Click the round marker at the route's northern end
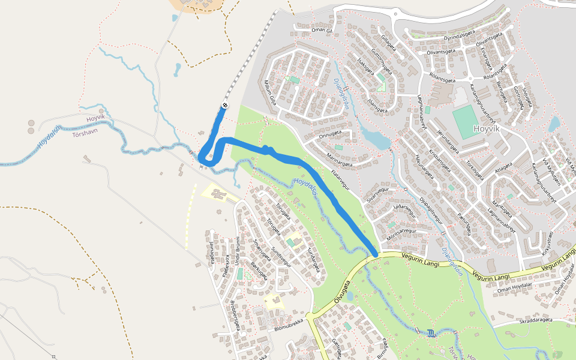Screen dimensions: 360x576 tap(225, 106)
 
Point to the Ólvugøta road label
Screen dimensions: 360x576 tap(340, 289)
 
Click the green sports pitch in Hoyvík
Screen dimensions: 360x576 tap(466, 122)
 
